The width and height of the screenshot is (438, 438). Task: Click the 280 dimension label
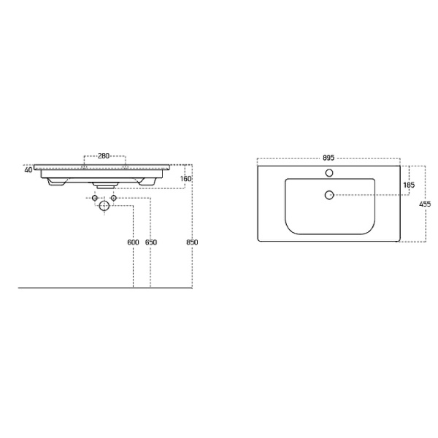pos(104,156)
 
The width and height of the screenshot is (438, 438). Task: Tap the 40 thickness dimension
pos(28,170)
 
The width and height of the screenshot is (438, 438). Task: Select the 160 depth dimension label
pos(185,179)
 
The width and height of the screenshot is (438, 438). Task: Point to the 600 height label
pos(133,242)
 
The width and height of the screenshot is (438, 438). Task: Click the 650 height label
pos(151,242)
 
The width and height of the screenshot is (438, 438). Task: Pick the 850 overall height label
pos(192,242)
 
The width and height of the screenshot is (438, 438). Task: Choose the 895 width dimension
pos(328,158)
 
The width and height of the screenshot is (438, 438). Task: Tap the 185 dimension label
pos(409,185)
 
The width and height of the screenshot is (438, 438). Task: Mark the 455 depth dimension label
pos(425,204)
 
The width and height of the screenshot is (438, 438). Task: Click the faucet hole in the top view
pos(329,173)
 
